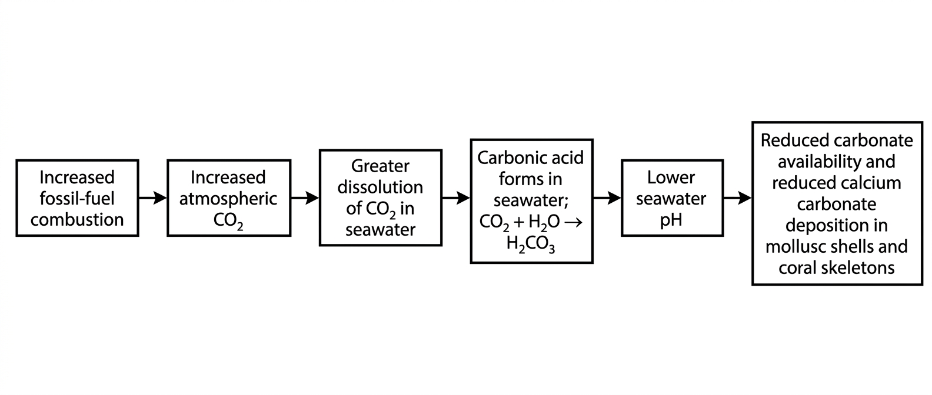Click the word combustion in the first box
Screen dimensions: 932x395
pos(78,220)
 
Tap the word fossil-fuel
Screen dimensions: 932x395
pos(77,199)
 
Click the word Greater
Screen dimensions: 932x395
pos(380,166)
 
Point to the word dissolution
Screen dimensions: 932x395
pos(380,187)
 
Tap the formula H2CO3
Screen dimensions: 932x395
pos(531,245)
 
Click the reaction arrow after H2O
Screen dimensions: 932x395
pos(573,222)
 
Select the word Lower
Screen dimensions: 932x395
pos(671,178)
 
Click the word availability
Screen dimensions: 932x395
pos(808,162)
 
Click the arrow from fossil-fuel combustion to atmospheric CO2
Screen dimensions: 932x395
pos(153,198)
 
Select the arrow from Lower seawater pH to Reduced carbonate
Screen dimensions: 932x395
pos(738,198)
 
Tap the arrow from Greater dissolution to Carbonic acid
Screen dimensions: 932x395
pos(456,198)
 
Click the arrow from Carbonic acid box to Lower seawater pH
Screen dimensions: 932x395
pos(607,198)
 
